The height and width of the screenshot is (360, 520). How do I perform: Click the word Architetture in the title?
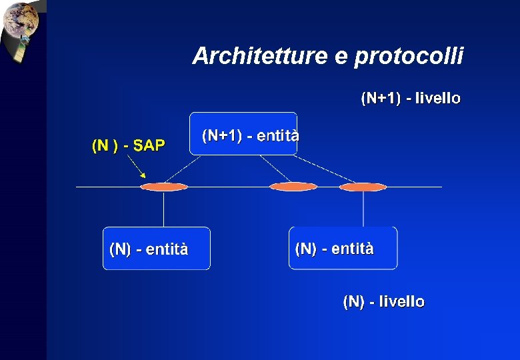pyautogui.click(x=260, y=57)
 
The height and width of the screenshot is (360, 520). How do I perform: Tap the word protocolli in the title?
pyautogui.click(x=409, y=57)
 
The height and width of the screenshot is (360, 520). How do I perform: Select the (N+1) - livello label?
pyautogui.click(x=411, y=99)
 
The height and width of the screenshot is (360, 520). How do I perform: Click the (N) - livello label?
pyautogui.click(x=383, y=302)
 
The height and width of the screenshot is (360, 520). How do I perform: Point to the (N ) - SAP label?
pyautogui.click(x=127, y=146)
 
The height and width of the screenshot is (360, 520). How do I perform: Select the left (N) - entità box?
pyautogui.click(x=156, y=248)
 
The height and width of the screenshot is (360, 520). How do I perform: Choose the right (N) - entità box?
pyautogui.click(x=343, y=247)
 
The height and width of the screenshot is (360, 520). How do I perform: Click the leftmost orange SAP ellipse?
pyautogui.click(x=164, y=187)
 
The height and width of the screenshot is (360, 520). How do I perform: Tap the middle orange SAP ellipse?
pyautogui.click(x=293, y=187)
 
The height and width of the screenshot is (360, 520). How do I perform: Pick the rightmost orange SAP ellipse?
pyautogui.click(x=363, y=187)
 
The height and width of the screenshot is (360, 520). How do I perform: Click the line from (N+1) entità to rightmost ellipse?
pyautogui.click(x=327, y=169)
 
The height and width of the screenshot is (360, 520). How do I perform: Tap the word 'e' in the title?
pyautogui.click(x=341, y=57)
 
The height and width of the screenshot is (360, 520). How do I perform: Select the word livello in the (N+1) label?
pyautogui.click(x=437, y=99)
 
